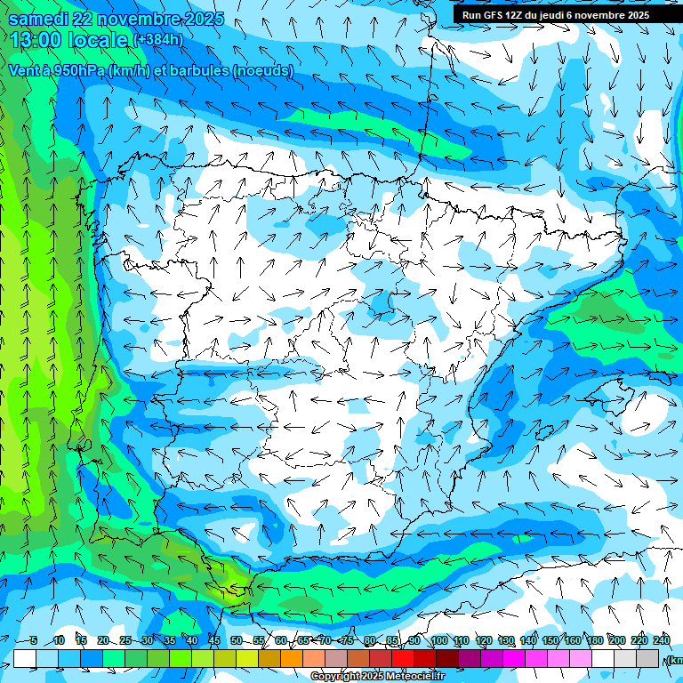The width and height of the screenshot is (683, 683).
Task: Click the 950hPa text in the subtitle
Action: (76, 70)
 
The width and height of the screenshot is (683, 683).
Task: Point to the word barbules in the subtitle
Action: (198, 70)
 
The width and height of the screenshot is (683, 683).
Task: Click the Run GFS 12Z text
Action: (493, 15)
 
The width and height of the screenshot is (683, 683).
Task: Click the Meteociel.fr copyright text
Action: (378, 677)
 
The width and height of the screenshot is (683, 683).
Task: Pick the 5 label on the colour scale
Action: (33, 640)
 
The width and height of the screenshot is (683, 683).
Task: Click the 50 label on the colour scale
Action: (236, 640)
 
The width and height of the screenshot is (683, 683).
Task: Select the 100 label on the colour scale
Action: (439, 640)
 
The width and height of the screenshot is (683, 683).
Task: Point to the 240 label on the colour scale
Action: (661, 640)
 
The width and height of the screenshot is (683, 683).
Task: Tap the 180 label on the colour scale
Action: (594, 640)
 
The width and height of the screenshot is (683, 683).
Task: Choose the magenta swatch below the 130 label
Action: (514, 658)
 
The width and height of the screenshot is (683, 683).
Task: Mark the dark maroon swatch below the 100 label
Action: (447, 658)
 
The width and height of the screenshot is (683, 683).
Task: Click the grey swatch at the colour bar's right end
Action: (647, 658)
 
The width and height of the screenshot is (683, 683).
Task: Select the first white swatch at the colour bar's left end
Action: (25, 658)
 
